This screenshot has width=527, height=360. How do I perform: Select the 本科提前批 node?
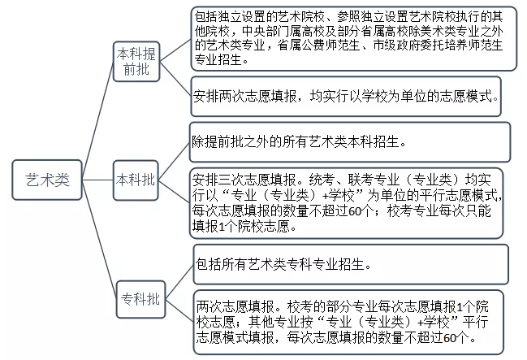click(137, 63)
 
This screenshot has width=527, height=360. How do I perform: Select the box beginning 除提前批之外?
click(349, 142)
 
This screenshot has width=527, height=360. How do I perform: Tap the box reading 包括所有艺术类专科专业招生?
click(351, 265)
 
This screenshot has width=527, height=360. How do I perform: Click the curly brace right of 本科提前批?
click(179, 63)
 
